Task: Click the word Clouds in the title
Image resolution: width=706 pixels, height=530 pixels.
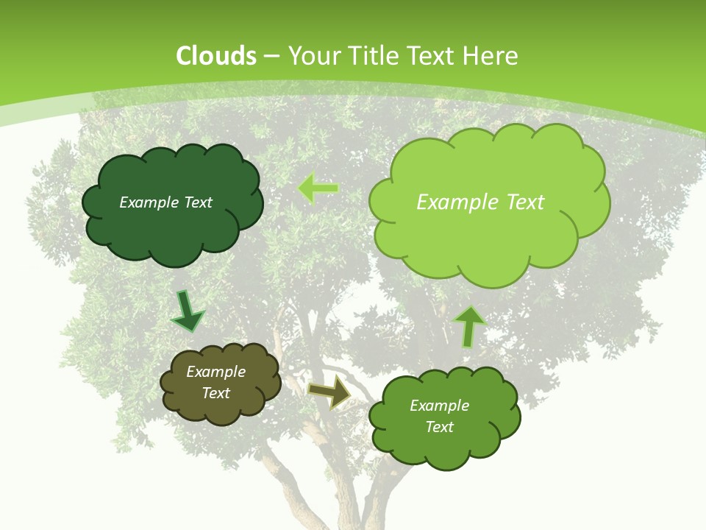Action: click(x=216, y=56)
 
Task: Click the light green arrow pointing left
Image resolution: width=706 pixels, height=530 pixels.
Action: click(x=318, y=188)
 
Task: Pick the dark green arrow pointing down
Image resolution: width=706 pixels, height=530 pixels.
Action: click(x=187, y=311)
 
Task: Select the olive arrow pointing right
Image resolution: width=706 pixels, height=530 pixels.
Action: click(x=330, y=392)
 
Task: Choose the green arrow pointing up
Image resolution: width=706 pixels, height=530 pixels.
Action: click(x=469, y=325)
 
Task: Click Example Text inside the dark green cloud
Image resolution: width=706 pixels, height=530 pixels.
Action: click(x=165, y=202)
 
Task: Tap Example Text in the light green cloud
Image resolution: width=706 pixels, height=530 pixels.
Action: click(x=480, y=202)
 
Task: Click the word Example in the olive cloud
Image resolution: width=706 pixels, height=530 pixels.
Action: click(x=215, y=372)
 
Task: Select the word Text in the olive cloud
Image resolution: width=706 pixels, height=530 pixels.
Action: click(x=215, y=393)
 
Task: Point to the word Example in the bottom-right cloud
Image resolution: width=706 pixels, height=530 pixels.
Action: click(x=439, y=406)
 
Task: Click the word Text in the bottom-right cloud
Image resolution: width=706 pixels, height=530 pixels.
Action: click(x=439, y=427)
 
